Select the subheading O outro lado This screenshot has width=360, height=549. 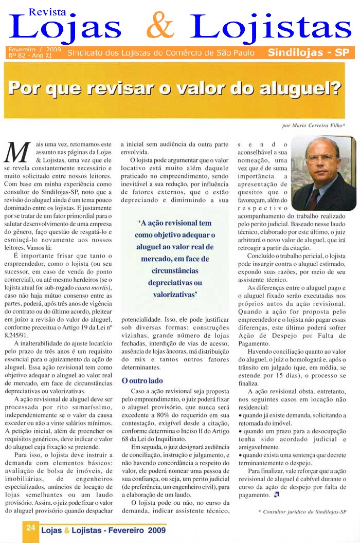[142, 381]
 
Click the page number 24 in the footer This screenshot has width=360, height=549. [30, 527]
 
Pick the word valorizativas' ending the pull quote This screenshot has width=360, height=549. [175, 295]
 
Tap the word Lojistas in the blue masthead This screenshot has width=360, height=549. [273, 27]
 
